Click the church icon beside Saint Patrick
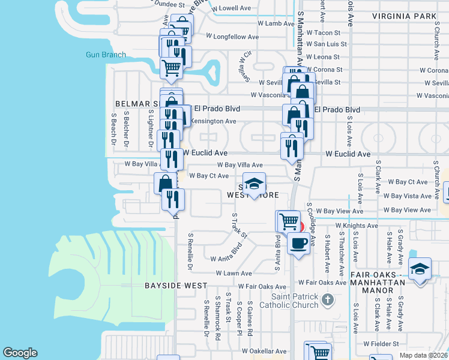327,298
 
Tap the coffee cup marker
298,243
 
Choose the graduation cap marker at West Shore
254,184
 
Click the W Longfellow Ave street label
232,37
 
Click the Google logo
20,352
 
